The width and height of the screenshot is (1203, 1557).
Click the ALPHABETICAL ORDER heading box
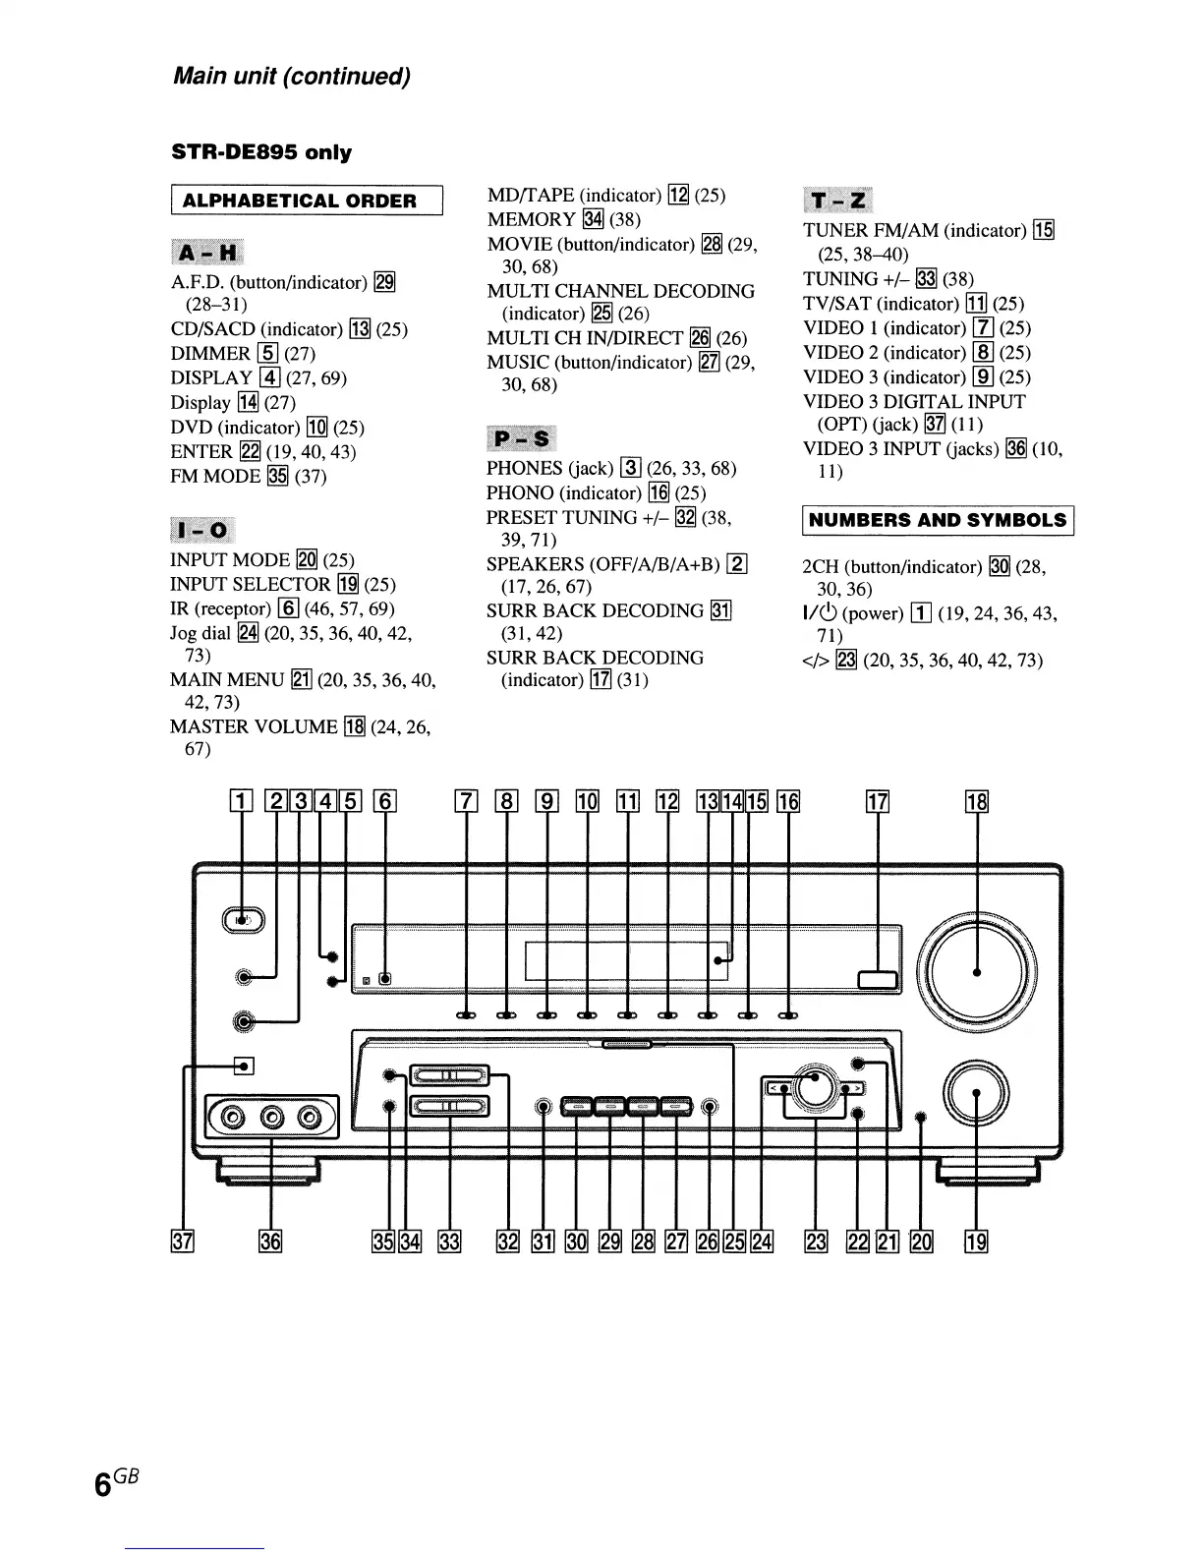click(x=307, y=201)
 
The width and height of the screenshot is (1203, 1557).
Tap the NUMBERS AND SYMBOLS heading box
click(x=938, y=520)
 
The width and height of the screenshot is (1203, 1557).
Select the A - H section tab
click(x=207, y=253)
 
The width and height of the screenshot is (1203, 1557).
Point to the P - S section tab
click(x=521, y=438)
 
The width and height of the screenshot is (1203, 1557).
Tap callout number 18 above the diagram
click(x=977, y=802)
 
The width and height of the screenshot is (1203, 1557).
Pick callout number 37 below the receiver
click(x=183, y=1241)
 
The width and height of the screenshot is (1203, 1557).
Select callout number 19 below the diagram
click(x=977, y=1241)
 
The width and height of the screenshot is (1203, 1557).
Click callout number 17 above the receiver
click(x=877, y=802)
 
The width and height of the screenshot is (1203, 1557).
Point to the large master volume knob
click(x=976, y=971)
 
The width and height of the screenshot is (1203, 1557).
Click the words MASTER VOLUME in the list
click(x=254, y=727)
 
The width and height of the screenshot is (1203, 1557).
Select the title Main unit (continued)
click(x=291, y=77)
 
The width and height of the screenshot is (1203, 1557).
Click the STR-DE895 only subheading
click(x=261, y=152)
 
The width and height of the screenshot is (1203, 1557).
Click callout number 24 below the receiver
click(x=762, y=1241)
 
